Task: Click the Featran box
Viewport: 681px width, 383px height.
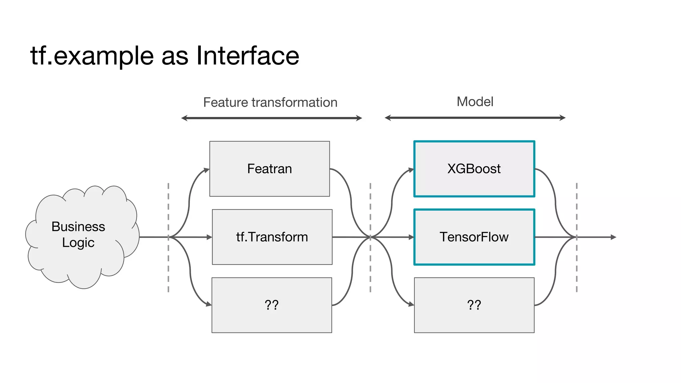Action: pyautogui.click(x=269, y=169)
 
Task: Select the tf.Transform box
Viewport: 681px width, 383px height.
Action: pyautogui.click(x=272, y=237)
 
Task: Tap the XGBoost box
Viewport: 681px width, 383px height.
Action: pyautogui.click(x=474, y=169)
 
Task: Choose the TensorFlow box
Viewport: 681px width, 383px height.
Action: pyautogui.click(x=474, y=237)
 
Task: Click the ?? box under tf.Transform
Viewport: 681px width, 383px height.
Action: pyautogui.click(x=272, y=305)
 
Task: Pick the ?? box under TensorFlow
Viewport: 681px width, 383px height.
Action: pyautogui.click(x=474, y=305)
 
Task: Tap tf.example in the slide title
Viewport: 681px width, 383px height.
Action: pyautogui.click(x=92, y=56)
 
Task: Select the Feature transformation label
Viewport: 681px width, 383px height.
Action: pyautogui.click(x=270, y=102)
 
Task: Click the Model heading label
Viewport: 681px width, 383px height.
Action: pyautogui.click(x=475, y=101)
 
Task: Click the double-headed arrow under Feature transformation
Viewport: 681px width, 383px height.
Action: pyautogui.click(x=271, y=118)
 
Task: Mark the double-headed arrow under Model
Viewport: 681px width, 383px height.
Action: pyautogui.click(x=475, y=118)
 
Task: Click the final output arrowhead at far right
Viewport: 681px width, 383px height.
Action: pyautogui.click(x=614, y=237)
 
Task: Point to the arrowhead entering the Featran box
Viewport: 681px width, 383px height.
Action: pyautogui.click(x=207, y=170)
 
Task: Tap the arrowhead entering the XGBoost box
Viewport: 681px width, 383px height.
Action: pyautogui.click(x=411, y=170)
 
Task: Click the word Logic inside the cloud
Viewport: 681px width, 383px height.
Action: pyautogui.click(x=78, y=243)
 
